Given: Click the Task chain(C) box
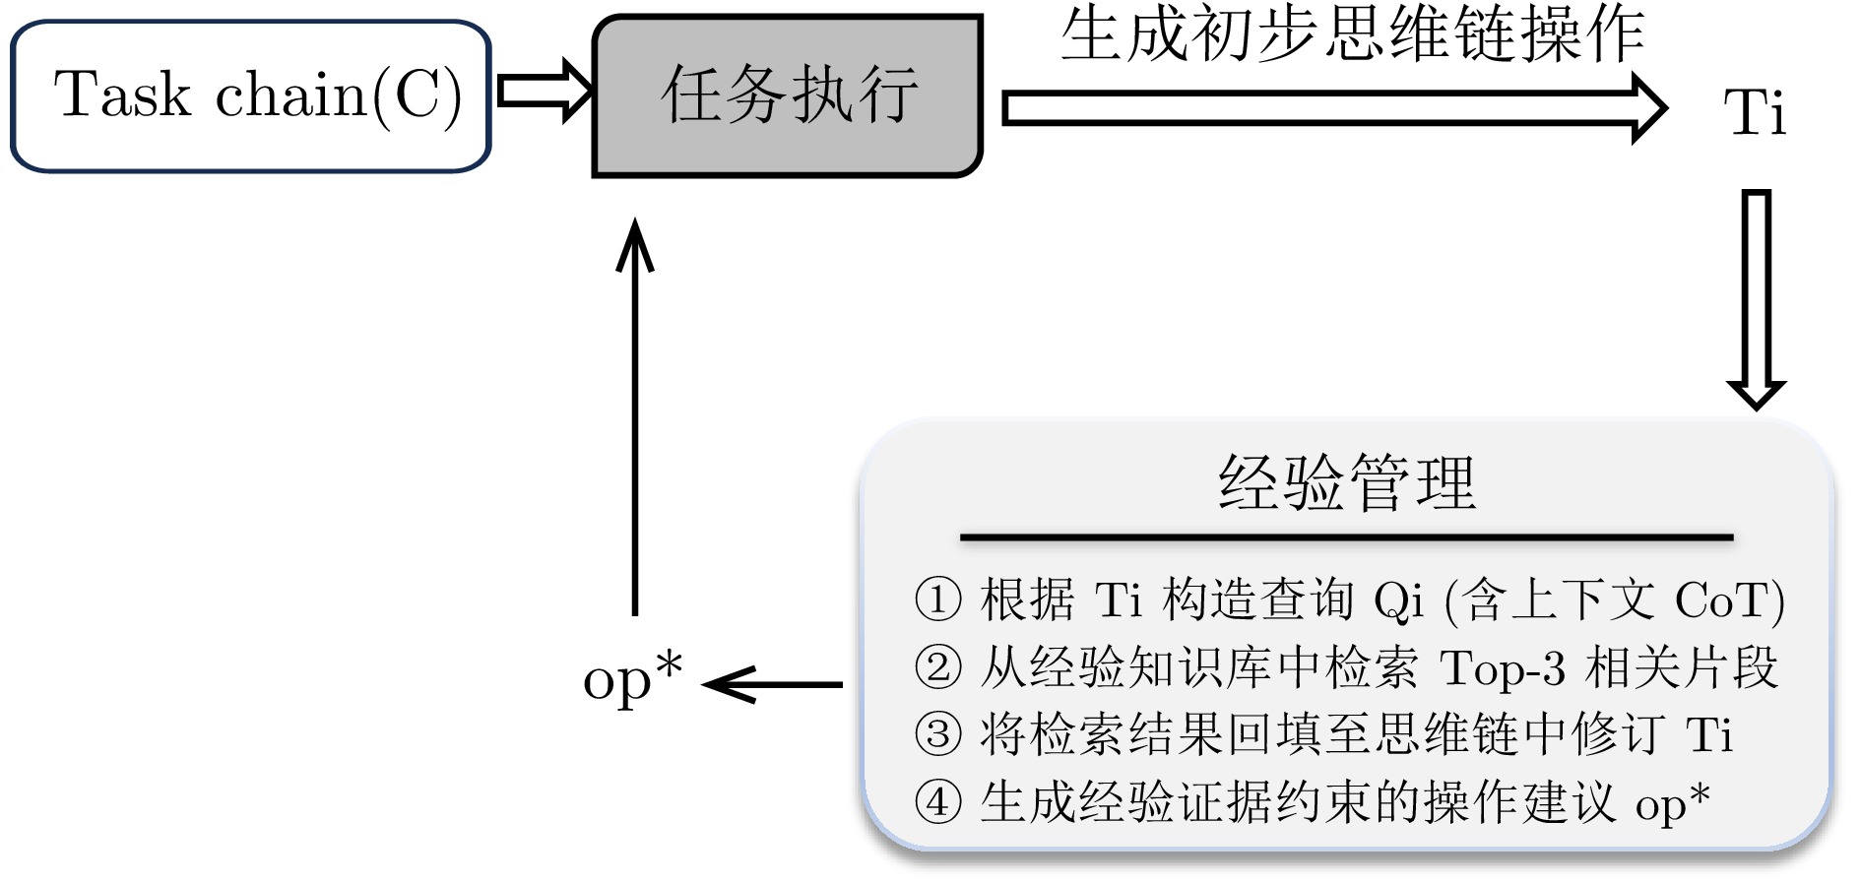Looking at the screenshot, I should [251, 95].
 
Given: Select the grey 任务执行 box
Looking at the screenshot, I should [787, 95].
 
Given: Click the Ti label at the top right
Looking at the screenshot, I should [1754, 112].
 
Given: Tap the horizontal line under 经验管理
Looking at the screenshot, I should [1346, 537].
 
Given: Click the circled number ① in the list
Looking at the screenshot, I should [937, 599].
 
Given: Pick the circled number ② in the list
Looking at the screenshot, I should [937, 667].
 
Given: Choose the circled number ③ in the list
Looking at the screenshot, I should [937, 734].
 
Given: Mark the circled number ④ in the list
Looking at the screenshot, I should [937, 802].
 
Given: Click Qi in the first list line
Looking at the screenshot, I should [1398, 600].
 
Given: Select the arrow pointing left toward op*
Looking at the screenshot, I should [774, 684].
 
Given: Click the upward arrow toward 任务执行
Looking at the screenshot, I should [635, 413].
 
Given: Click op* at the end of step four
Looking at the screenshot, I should [1672, 802].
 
